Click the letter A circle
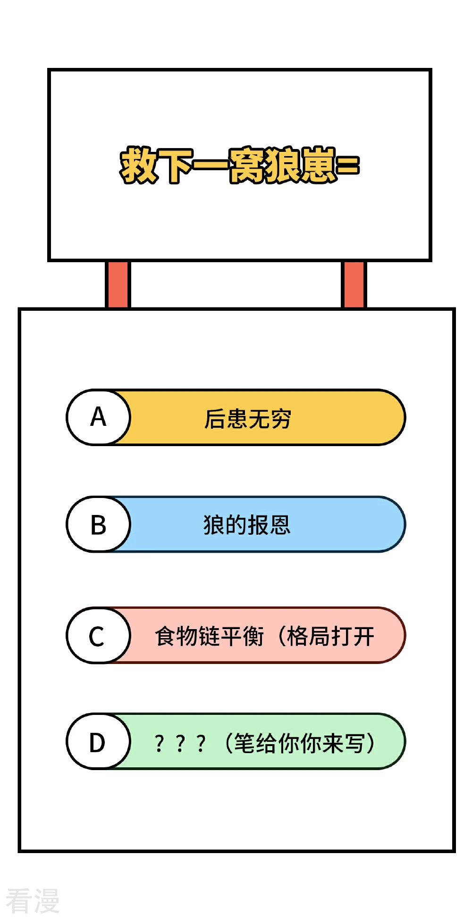98,417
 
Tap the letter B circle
98,524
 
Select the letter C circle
98,635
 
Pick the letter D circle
98,741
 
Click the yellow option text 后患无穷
247,419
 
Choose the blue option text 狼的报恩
247,525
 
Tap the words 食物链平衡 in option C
210,636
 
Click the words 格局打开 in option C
331,636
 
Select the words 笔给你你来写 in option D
299,743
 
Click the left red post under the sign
118,284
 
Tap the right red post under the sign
354,284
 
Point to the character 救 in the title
138,165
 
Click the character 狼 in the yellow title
282,165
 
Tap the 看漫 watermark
33,900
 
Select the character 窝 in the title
246,165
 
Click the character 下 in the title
175,166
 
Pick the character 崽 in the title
318,165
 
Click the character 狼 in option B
213,525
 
